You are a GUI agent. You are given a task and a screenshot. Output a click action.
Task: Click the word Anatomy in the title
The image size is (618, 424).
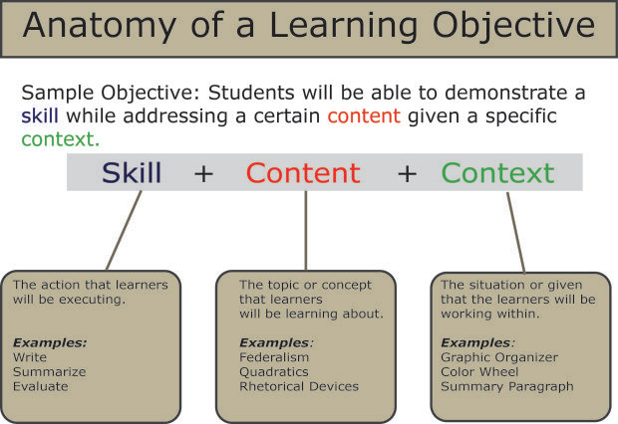(96, 27)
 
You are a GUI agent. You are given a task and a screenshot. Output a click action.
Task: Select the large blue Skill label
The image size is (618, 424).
(131, 173)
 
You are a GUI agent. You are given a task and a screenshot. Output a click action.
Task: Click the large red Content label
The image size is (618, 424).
(303, 173)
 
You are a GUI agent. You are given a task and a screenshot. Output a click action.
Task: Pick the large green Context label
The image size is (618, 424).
(497, 173)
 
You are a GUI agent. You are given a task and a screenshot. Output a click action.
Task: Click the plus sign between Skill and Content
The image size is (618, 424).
(203, 174)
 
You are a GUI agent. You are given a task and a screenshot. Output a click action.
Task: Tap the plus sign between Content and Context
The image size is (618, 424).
(407, 174)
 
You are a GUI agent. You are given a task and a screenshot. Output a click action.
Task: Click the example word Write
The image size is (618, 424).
(30, 357)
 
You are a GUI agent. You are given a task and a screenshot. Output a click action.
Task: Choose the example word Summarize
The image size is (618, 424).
(50, 371)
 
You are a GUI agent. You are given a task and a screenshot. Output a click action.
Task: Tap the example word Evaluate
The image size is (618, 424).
(41, 386)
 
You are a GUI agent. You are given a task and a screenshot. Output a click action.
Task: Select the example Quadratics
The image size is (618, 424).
(274, 371)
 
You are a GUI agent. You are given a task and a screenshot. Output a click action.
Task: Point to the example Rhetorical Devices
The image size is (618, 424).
(298, 386)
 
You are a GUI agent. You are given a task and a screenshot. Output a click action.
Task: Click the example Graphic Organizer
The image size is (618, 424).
(498, 357)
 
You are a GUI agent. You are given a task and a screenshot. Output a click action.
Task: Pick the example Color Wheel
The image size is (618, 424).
(480, 371)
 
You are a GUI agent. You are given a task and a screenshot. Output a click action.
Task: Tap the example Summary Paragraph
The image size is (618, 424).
(506, 386)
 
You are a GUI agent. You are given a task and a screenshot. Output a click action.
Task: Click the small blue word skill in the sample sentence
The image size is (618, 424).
(40, 116)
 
